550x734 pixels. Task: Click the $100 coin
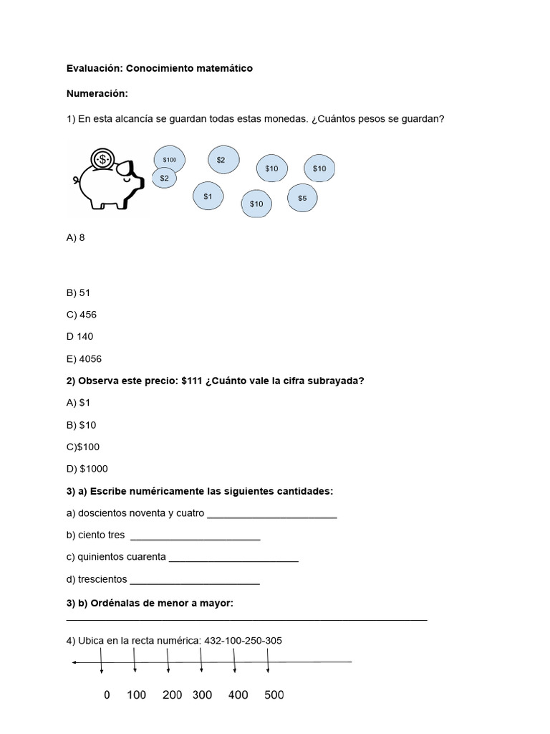pyautogui.click(x=170, y=160)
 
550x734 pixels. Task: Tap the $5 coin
pyautogui.click(x=302, y=197)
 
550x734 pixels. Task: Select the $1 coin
pyautogui.click(x=208, y=196)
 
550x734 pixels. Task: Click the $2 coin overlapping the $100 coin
pyautogui.click(x=165, y=178)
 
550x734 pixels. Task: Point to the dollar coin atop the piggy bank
pyautogui.click(x=103, y=158)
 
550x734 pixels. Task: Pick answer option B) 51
pyautogui.click(x=78, y=293)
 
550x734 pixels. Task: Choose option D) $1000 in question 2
pyautogui.click(x=87, y=469)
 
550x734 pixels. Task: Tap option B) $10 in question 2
pyautogui.click(x=81, y=425)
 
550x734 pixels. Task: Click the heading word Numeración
pyautogui.click(x=97, y=93)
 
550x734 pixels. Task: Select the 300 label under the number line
pyautogui.click(x=202, y=695)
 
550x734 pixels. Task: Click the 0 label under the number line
pyautogui.click(x=107, y=695)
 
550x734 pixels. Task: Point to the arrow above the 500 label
pyautogui.click(x=268, y=660)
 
